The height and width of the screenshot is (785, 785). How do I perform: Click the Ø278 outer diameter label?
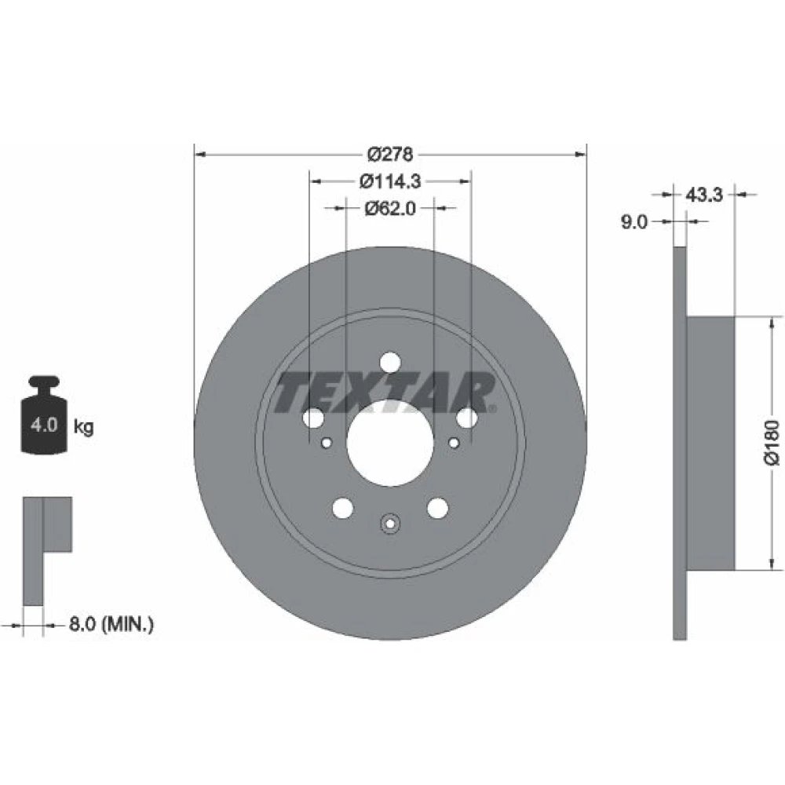(390, 154)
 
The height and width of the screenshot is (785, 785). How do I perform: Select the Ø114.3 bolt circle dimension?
(390, 181)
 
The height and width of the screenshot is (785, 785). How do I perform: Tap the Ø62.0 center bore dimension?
(390, 208)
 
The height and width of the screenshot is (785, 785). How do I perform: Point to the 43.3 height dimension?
(704, 195)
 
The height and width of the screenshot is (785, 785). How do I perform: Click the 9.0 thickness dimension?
(634, 222)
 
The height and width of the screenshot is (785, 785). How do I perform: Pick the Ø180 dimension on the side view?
(772, 443)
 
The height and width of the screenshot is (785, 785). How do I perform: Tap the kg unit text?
(84, 427)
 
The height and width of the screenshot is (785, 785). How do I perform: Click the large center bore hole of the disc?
(390, 443)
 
